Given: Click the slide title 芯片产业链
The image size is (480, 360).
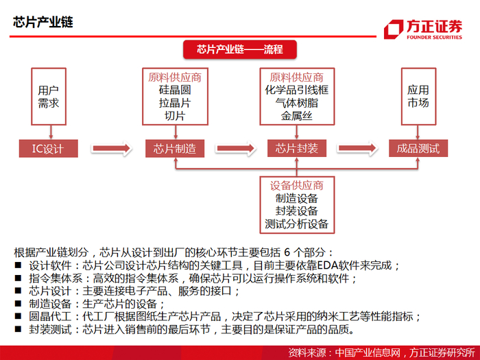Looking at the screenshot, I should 43,21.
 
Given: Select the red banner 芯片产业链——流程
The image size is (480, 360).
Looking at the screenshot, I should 239,49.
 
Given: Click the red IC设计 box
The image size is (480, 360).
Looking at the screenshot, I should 48,148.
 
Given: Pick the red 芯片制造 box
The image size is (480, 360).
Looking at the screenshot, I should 175,148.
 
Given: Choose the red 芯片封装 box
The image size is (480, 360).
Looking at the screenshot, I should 297,148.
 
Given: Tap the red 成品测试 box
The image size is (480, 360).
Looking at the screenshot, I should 418,148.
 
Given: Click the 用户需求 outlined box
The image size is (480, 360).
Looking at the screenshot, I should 48,97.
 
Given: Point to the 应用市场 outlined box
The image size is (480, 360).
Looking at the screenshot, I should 418,97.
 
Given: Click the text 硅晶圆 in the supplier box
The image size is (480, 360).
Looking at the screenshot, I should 175,90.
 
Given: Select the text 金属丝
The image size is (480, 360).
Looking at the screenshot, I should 297,116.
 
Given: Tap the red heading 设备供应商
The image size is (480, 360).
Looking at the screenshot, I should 297,185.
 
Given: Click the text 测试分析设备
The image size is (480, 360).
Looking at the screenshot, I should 297,224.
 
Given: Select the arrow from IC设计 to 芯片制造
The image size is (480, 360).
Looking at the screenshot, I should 110,148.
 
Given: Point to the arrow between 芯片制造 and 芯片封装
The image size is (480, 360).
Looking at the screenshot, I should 236,148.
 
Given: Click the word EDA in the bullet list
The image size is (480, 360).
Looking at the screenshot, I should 307,265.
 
